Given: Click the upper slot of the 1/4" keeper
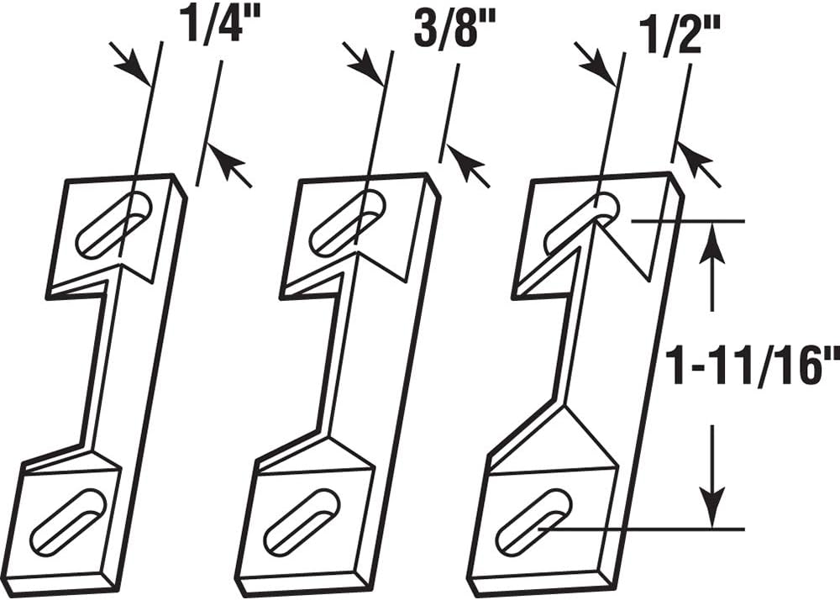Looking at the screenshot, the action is click(113, 225).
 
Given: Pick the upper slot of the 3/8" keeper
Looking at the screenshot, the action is click(347, 223).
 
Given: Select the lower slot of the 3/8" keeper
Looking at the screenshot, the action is click(302, 523).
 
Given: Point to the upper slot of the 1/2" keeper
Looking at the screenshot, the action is click(581, 224).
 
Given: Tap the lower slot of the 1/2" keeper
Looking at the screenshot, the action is click(533, 521).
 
